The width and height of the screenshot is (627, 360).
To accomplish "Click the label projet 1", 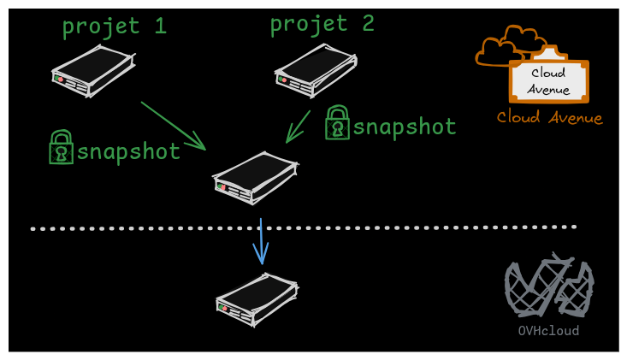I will [x=114, y=27].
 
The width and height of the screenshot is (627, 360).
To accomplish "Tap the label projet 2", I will [x=322, y=23].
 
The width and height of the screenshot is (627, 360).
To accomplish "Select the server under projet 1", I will [x=92, y=70].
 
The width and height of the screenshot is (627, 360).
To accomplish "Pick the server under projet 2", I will [x=315, y=68].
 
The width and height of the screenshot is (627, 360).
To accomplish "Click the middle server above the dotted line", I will [x=254, y=177].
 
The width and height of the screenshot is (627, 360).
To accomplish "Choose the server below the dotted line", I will [x=257, y=298].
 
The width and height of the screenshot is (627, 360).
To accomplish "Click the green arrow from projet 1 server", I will [x=174, y=126].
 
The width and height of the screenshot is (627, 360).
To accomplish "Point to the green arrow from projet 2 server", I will [x=299, y=126].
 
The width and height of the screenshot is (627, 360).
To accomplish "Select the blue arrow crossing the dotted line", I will [x=261, y=242].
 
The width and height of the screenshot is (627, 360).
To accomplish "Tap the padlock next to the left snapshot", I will [x=61, y=147].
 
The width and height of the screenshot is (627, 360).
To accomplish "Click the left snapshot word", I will [x=128, y=152].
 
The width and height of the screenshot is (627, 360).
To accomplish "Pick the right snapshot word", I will [x=405, y=127].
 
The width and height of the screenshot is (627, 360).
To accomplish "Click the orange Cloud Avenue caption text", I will [x=549, y=118].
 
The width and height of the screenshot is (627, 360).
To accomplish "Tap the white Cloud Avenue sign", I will [x=548, y=81].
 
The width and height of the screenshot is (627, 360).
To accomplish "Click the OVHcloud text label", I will [x=548, y=331].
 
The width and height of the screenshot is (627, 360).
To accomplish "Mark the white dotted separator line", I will [x=428, y=227].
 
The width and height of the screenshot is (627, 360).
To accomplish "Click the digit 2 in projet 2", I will [x=367, y=23].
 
